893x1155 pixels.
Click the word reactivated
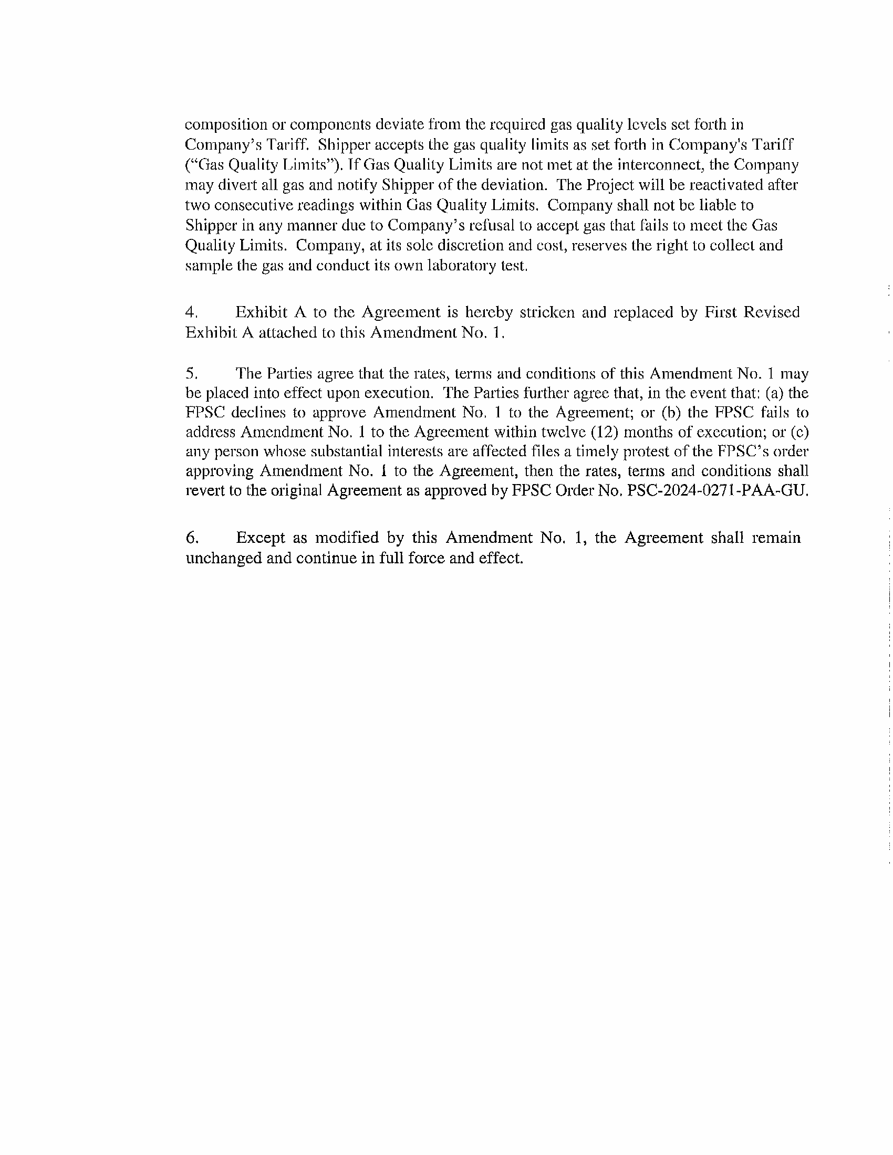tap(729, 185)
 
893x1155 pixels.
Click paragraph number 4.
tap(191, 312)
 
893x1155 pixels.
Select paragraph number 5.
tap(191, 374)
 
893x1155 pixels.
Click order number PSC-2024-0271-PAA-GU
tap(717, 491)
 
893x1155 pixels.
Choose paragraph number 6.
tap(192, 538)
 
